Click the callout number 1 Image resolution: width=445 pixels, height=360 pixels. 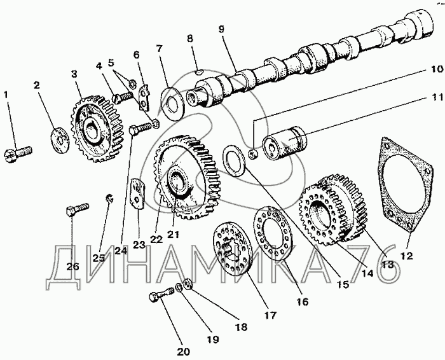[x=6, y=95]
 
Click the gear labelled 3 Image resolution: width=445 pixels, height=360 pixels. [x=90, y=127]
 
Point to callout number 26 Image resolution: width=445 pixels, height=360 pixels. [x=73, y=266]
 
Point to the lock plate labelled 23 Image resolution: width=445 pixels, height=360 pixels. [x=137, y=193]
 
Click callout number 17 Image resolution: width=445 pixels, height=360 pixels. [x=270, y=314]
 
